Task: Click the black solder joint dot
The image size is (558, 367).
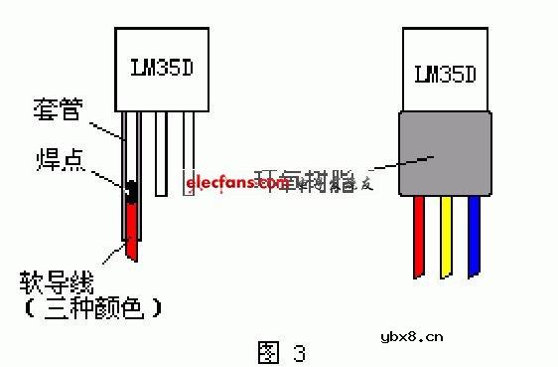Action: [129, 189]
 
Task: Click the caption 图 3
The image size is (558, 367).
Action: [280, 351]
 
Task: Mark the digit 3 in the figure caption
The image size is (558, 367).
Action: [297, 352]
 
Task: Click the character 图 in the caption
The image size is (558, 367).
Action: [266, 351]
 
